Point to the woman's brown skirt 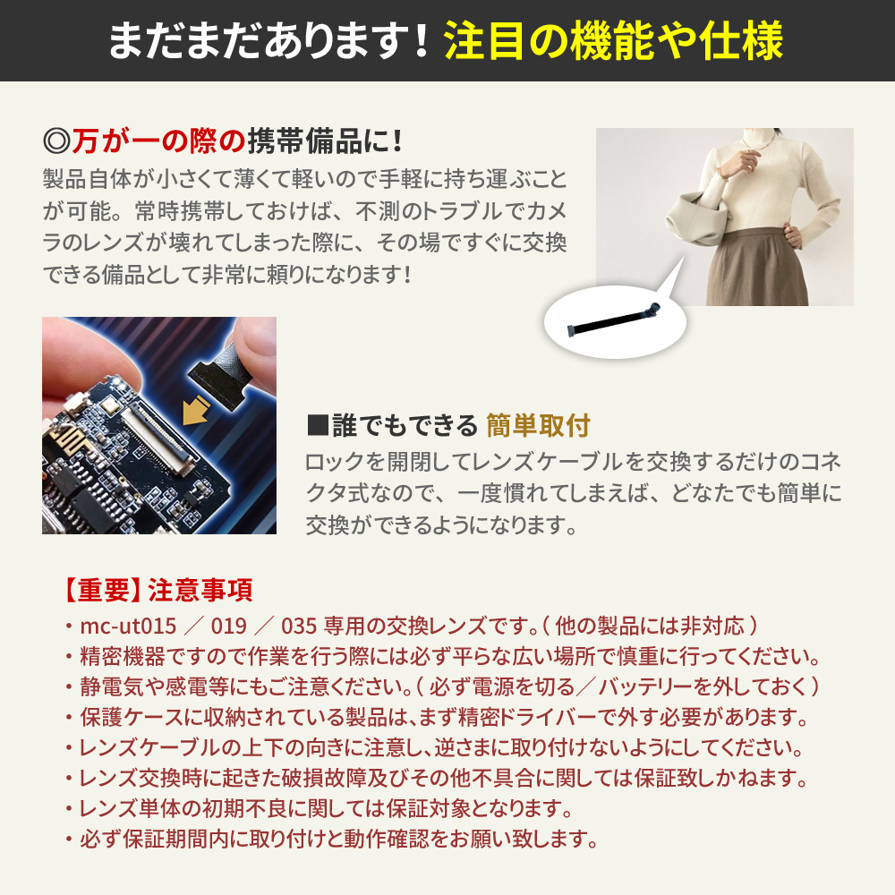pos(756,268)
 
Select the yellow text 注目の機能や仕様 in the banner pos(614,41)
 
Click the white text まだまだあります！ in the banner pos(268,41)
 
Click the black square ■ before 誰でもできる pos(318,426)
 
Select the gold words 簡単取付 pos(538,426)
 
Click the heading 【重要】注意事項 pos(157,590)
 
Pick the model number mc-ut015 pos(128,626)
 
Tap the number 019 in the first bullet pos(228,626)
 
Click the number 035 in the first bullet pos(299,626)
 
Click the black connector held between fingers pos(220,378)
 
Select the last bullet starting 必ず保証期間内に pos(331,840)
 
